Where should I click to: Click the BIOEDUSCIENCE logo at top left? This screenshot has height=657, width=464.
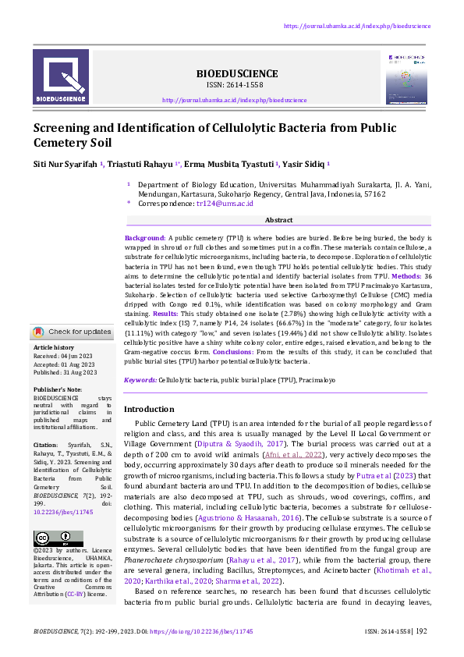point(66,77)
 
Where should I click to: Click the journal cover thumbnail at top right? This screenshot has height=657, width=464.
point(407,78)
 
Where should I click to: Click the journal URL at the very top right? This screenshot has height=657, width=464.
point(357,26)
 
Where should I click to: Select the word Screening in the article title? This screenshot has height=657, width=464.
point(66,128)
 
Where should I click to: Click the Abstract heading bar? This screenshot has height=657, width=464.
point(278,221)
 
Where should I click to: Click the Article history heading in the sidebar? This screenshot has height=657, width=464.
point(54,346)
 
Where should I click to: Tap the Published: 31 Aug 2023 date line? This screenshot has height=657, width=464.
point(66,372)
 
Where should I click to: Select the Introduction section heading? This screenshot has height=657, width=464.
point(149,409)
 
